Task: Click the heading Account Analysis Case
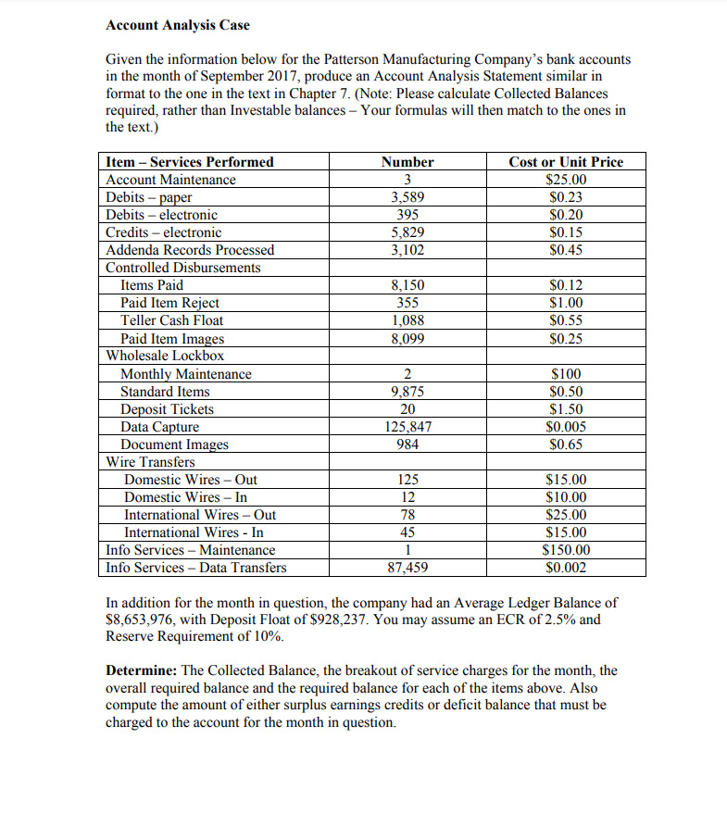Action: coord(178,24)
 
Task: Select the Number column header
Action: coord(407,162)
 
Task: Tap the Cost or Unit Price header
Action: coord(567,162)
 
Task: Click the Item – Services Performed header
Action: coord(191,162)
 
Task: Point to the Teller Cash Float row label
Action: coord(172,320)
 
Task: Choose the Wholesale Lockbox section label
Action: coord(166,356)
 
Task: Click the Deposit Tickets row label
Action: coord(168,409)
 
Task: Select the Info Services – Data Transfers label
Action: coord(196,568)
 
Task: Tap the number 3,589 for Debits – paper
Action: coord(407,197)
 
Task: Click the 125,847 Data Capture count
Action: coord(407,427)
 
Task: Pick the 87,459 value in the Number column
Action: coord(407,568)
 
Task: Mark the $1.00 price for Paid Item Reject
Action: coord(567,303)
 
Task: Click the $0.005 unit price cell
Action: coord(567,427)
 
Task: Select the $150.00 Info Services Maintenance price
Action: coord(567,550)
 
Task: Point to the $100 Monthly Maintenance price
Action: coord(567,374)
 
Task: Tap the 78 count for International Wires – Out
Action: coord(407,515)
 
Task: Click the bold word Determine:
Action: coord(143,670)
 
